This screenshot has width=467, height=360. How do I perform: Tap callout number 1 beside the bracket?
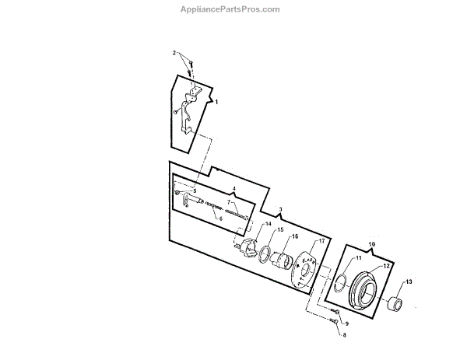pos(216,103)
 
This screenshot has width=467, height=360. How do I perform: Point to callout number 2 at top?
pos(174,52)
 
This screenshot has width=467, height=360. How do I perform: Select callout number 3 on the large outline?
pos(280,210)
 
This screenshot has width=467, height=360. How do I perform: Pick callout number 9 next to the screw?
pos(346,323)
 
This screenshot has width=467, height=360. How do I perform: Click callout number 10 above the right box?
pos(371,243)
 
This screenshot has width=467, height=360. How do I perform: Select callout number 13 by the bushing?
pos(409,281)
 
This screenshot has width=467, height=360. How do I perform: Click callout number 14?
pos(269,224)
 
